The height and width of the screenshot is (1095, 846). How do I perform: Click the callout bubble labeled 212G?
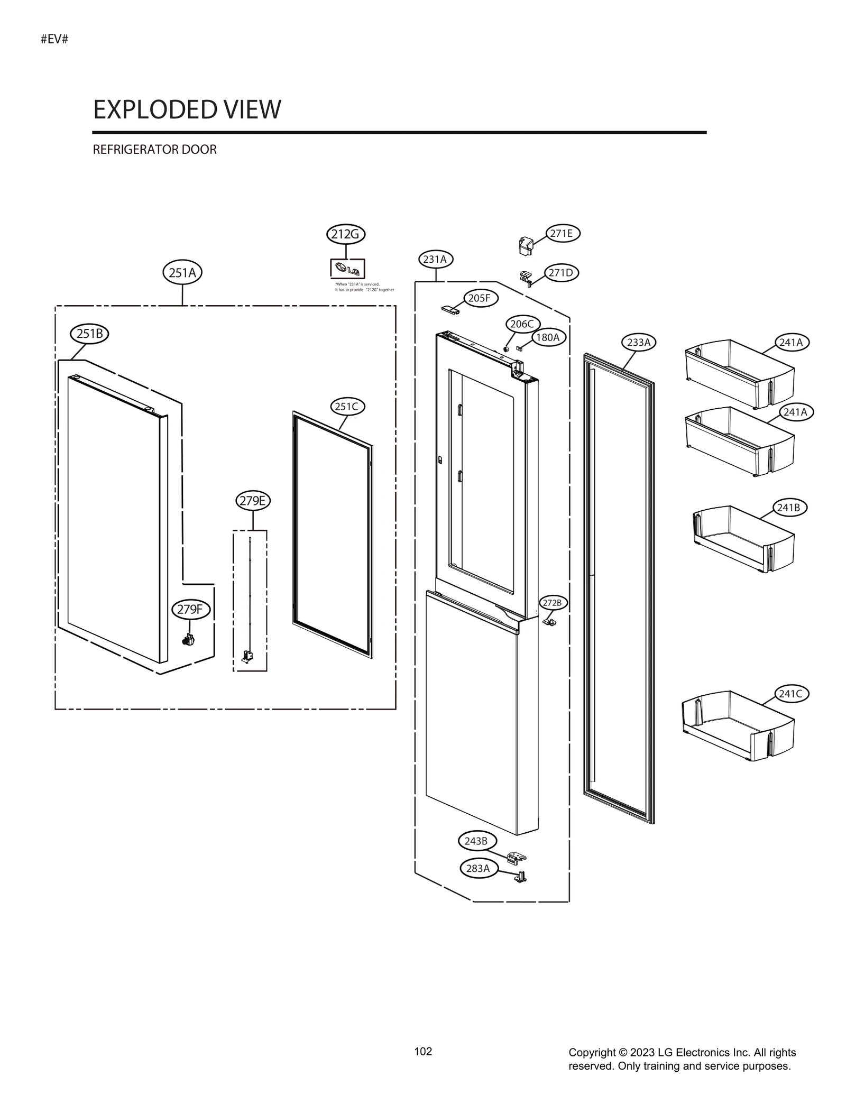345,234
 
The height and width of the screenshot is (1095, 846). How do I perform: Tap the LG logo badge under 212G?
347,269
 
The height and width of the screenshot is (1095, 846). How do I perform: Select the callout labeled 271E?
562,233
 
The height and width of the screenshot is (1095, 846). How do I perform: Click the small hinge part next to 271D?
525,277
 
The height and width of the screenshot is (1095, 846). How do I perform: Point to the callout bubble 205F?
480,298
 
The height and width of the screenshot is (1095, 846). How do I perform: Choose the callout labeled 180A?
548,337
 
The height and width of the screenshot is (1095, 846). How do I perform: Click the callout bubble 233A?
638,342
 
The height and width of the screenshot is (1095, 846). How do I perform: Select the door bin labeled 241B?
743,540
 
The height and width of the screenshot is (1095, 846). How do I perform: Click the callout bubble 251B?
89,334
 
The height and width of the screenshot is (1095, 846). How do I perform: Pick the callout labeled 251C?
347,407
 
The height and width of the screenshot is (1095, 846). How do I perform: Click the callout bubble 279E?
253,500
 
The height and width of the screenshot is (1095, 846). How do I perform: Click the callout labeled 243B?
476,841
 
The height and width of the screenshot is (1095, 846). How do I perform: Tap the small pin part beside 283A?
521,877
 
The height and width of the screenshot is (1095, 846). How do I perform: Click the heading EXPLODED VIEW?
187,109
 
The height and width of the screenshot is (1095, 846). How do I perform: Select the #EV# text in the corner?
54,39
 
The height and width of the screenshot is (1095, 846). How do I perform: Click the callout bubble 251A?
182,273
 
